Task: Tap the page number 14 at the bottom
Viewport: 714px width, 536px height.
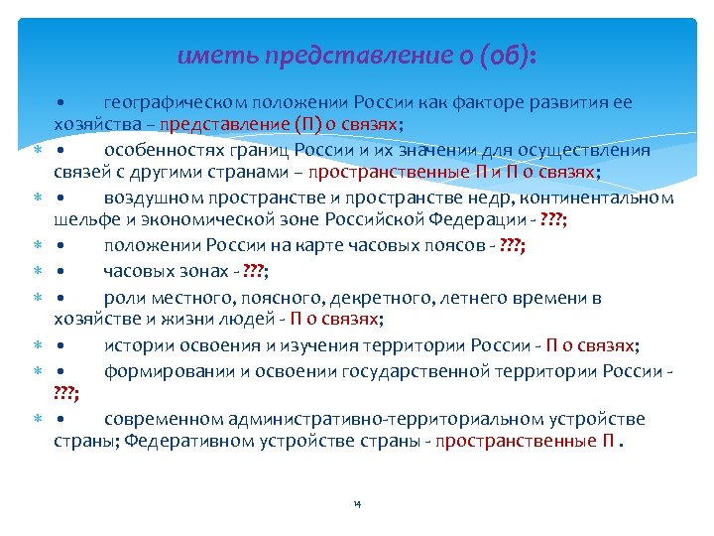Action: [x=357, y=504]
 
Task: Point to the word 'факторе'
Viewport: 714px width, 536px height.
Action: [x=483, y=103]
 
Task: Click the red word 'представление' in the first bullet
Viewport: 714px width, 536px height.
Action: [x=236, y=125]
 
